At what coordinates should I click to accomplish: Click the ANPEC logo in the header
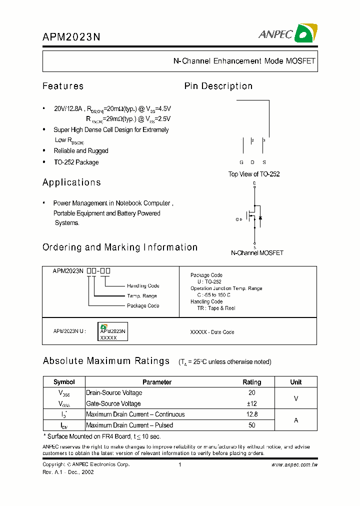coord(287,33)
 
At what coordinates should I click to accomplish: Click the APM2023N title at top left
coord(71,36)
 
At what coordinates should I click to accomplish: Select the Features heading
coord(63,86)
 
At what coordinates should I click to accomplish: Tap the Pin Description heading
coord(218,86)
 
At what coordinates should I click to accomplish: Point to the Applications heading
coord(71,182)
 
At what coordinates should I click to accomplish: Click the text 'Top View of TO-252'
coord(254,174)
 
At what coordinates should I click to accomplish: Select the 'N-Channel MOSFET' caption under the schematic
coord(256,253)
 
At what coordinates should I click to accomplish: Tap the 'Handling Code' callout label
coord(143,286)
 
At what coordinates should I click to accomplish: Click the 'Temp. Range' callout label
coord(141,296)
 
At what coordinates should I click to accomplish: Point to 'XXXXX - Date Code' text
coord(212,332)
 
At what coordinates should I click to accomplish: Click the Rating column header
coord(251,382)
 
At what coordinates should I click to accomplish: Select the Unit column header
coord(295,382)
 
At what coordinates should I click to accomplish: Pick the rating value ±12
coord(251,403)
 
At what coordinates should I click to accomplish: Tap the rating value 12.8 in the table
coord(251,414)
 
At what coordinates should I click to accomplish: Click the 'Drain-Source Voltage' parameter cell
coord(114,393)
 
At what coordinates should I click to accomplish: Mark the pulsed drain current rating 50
coord(251,425)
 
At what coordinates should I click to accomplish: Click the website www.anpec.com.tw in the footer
coord(294,464)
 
